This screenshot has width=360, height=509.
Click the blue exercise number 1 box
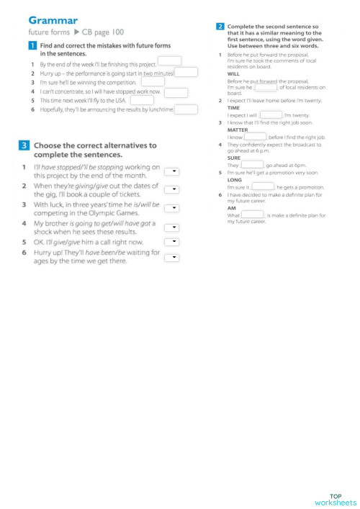point(32,45)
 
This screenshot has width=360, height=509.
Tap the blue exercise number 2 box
point(220,27)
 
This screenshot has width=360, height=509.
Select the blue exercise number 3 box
point(24,145)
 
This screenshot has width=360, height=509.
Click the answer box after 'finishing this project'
point(169,61)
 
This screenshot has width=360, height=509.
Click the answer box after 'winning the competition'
point(153,81)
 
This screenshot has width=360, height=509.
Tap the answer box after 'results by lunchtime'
point(186,109)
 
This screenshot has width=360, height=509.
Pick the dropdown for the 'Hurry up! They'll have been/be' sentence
point(173,256)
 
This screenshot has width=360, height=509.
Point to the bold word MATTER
point(237,130)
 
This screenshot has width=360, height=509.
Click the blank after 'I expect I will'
point(271,114)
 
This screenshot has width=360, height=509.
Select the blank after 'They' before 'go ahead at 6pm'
point(252,165)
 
